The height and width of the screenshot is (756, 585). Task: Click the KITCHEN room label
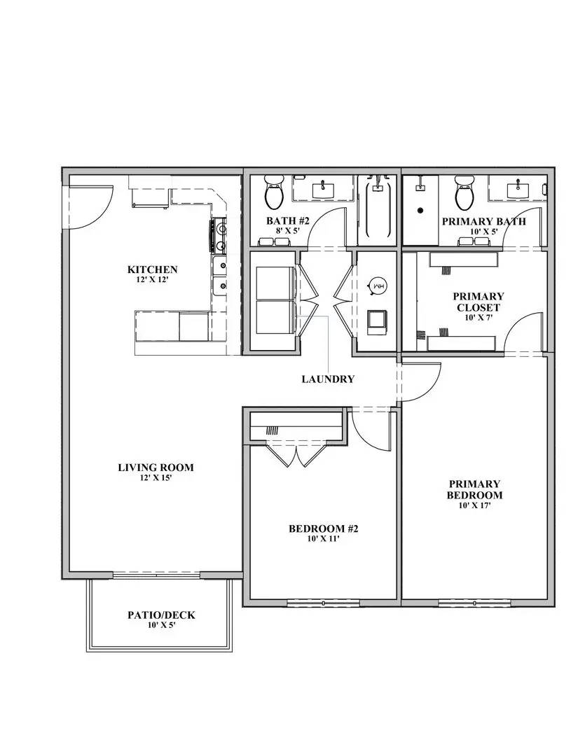coord(152,269)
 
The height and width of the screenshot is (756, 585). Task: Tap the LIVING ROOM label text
coord(156,468)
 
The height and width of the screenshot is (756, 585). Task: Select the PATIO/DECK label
coord(161,615)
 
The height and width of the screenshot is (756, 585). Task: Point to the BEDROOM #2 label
coord(323,528)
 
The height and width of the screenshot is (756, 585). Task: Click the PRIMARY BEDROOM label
coord(474,489)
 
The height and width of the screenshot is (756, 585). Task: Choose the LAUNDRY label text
coord(328,379)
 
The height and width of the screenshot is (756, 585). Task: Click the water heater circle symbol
coord(376,286)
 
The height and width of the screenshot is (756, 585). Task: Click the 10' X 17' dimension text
coord(474,505)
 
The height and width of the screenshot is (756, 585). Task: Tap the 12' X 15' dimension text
coord(156,479)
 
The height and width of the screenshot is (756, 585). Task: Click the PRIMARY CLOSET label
coord(479,302)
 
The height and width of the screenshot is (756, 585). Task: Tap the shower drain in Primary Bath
coord(420,209)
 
